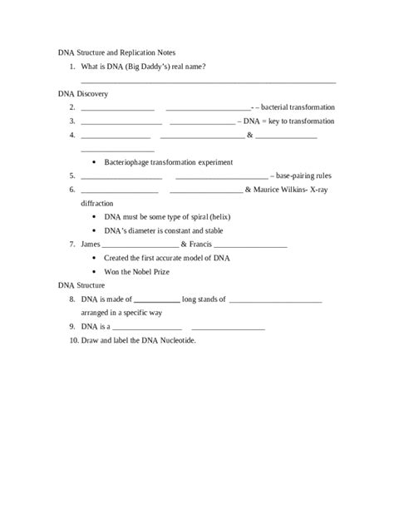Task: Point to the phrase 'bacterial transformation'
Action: (298, 107)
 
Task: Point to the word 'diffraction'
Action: (97, 203)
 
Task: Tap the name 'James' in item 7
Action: (91, 244)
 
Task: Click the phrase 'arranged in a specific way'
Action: (121, 312)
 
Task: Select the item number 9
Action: (73, 326)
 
